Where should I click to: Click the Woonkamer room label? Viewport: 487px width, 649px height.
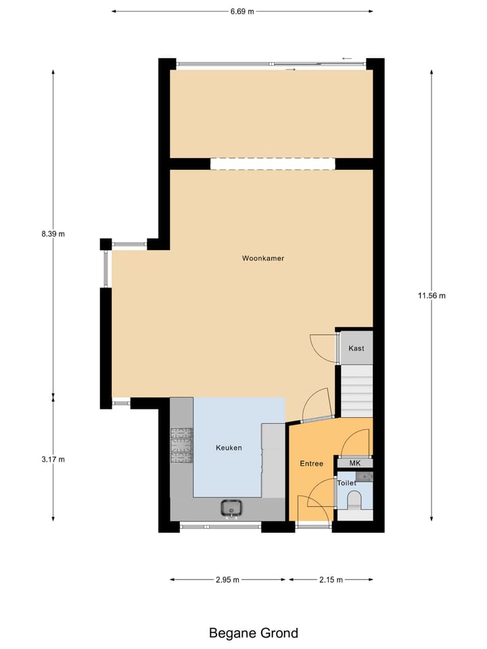pyautogui.click(x=258, y=258)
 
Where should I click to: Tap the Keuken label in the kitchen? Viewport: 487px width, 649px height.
pyautogui.click(x=229, y=448)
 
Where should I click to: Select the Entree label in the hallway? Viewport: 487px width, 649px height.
pyautogui.click(x=311, y=464)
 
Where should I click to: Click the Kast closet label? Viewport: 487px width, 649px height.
pyautogui.click(x=356, y=348)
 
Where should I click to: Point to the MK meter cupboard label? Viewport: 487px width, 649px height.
pyautogui.click(x=355, y=463)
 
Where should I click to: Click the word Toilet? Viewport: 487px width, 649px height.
pyautogui.click(x=346, y=483)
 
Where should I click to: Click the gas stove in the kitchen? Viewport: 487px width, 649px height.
pyautogui.click(x=181, y=446)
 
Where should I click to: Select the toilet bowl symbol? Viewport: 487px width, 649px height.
pyautogui.click(x=354, y=500)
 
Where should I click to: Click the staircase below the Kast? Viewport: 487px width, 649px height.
pyautogui.click(x=356, y=391)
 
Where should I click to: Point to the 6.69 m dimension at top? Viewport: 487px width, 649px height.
pyautogui.click(x=241, y=11)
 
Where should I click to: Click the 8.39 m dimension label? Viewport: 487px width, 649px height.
pyautogui.click(x=53, y=234)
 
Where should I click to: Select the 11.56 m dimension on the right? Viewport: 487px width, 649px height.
pyautogui.click(x=432, y=295)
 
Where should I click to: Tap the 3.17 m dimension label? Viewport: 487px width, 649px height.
pyautogui.click(x=53, y=460)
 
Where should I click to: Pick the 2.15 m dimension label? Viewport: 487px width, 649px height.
pyautogui.click(x=330, y=579)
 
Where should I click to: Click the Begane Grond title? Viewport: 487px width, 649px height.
pyautogui.click(x=253, y=633)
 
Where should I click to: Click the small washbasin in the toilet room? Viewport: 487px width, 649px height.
pyautogui.click(x=366, y=477)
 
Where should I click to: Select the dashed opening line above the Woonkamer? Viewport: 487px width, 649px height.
pyautogui.click(x=273, y=164)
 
